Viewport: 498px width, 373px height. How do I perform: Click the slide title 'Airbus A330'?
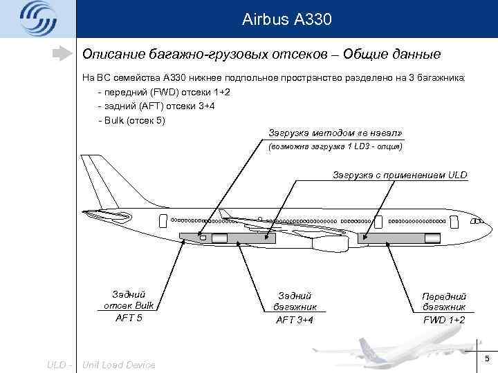point(287,19)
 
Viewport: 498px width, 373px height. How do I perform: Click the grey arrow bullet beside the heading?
point(63,53)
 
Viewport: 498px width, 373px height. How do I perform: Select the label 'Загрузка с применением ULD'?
point(400,175)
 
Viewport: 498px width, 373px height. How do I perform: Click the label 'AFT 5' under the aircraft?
point(128,318)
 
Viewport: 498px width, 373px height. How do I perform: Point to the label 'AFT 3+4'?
point(294,319)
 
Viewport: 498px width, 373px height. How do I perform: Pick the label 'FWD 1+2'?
point(443,320)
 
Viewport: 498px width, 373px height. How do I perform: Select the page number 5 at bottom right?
point(487,358)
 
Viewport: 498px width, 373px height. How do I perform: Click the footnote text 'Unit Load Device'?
point(119,364)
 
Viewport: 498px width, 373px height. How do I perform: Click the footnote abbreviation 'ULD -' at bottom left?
point(60,364)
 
